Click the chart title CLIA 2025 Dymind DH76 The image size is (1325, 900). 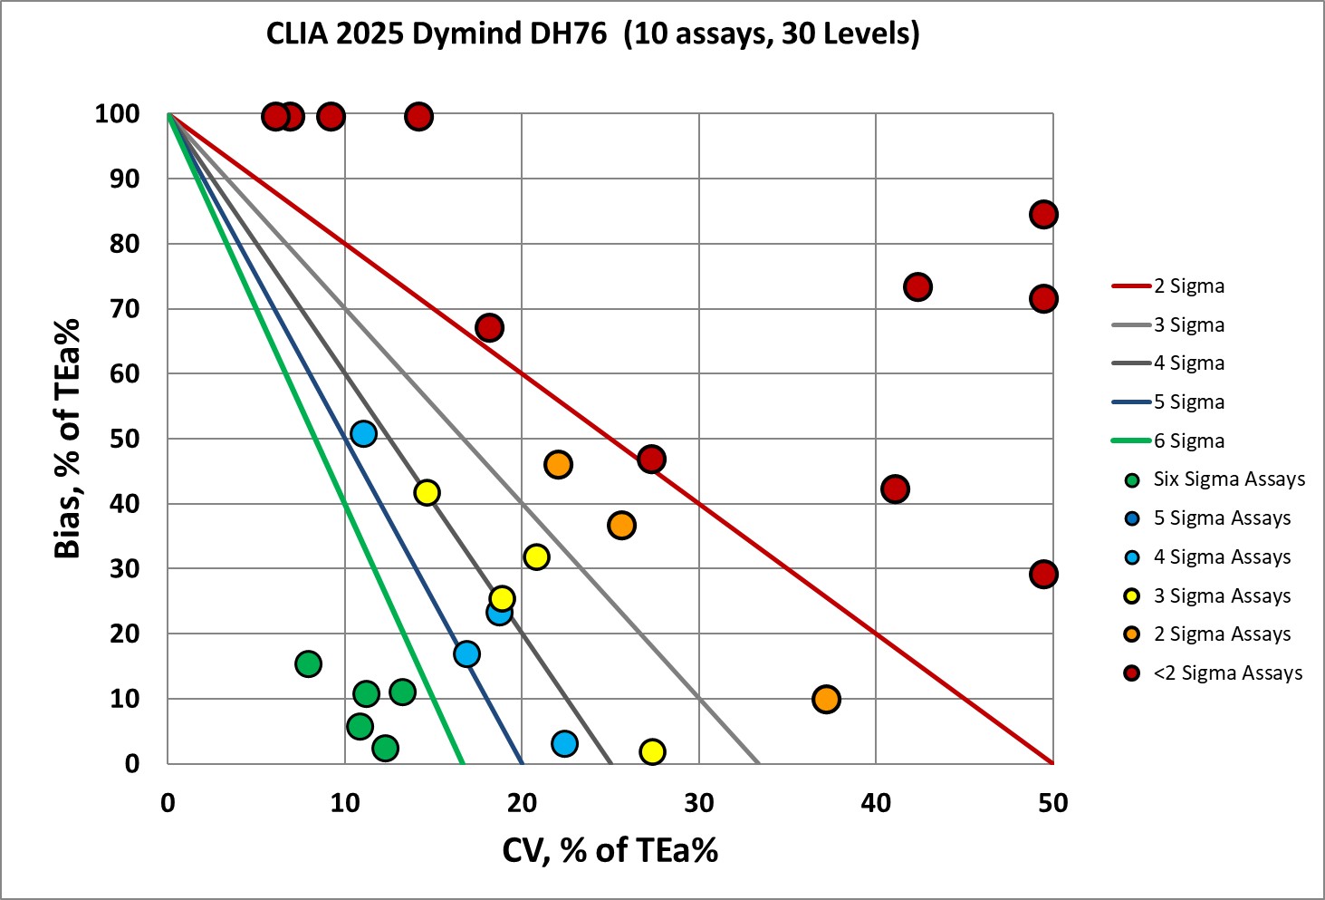592,34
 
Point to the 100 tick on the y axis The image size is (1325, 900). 118,114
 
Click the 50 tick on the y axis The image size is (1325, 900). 125,439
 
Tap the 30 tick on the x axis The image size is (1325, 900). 698,803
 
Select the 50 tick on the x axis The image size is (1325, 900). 1052,803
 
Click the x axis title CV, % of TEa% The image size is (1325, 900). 610,850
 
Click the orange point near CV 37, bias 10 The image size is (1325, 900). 826,700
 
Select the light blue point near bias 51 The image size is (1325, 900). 363,434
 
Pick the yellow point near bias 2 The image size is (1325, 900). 652,751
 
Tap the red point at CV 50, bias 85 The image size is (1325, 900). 1043,215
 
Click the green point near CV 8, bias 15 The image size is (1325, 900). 308,664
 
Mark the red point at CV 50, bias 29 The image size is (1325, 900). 1043,575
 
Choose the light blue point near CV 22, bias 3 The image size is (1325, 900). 564,744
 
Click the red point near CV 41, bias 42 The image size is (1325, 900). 895,489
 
